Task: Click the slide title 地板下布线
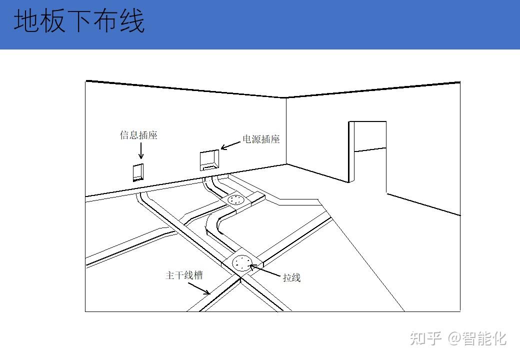[x=79, y=21]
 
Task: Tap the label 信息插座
[x=138, y=135]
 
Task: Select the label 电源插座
[x=261, y=139]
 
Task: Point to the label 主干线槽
[x=184, y=275]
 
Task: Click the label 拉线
[x=291, y=277]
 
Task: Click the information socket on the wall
[x=138, y=171]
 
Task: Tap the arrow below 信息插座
[x=140, y=150]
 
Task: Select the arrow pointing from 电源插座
[x=230, y=145]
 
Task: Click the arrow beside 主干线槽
[x=199, y=288]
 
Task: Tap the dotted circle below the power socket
[x=235, y=200]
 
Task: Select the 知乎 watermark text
[x=426, y=338]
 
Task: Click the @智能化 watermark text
[x=477, y=338]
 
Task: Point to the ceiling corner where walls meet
[x=286, y=97]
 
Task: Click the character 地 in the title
[x=25, y=21]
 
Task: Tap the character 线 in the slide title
[x=132, y=21]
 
